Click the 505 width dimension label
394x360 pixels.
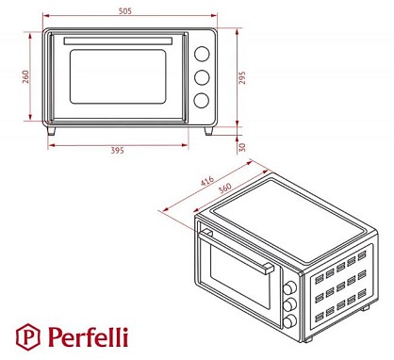click(125, 11)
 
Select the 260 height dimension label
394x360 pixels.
click(25, 76)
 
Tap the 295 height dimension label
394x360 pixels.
click(242, 78)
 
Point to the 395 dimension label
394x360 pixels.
click(117, 151)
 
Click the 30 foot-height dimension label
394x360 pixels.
click(242, 147)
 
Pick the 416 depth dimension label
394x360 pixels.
click(207, 181)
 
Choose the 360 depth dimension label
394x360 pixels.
click(225, 188)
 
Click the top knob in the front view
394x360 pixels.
click(202, 54)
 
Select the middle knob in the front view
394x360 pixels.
click(202, 77)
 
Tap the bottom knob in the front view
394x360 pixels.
click(202, 101)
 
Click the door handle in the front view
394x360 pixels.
click(118, 41)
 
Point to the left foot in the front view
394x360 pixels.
click(51, 131)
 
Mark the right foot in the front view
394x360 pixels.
click(208, 131)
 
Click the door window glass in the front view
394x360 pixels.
click(118, 76)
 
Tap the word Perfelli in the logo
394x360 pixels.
click(88, 336)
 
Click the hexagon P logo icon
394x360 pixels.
click(28, 337)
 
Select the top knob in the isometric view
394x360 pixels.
click(289, 288)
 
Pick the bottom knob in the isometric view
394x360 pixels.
click(289, 320)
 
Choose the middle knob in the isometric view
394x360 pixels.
click(289, 304)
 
